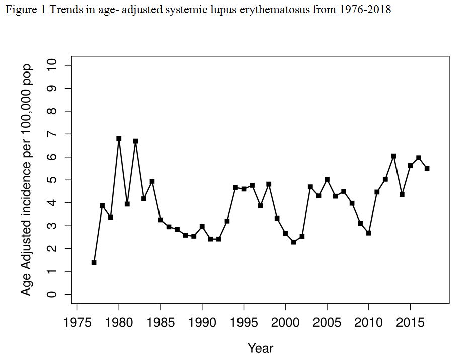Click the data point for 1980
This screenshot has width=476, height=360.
click(119, 138)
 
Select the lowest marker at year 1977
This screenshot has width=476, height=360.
click(94, 262)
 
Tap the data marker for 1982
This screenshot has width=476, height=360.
click(135, 141)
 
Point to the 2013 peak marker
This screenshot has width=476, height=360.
click(393, 156)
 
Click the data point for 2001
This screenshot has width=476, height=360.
click(294, 242)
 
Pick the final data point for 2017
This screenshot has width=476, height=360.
click(427, 168)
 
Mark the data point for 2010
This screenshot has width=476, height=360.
click(369, 233)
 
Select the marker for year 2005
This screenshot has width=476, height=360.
click(327, 179)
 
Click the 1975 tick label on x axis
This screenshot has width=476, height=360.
click(77, 323)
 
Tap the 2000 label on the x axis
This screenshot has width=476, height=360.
click(285, 323)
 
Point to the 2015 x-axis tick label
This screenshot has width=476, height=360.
click(410, 323)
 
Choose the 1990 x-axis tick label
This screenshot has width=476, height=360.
click(202, 323)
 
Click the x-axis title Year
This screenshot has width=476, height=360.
click(260, 348)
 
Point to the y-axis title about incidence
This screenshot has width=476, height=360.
click(27, 180)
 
